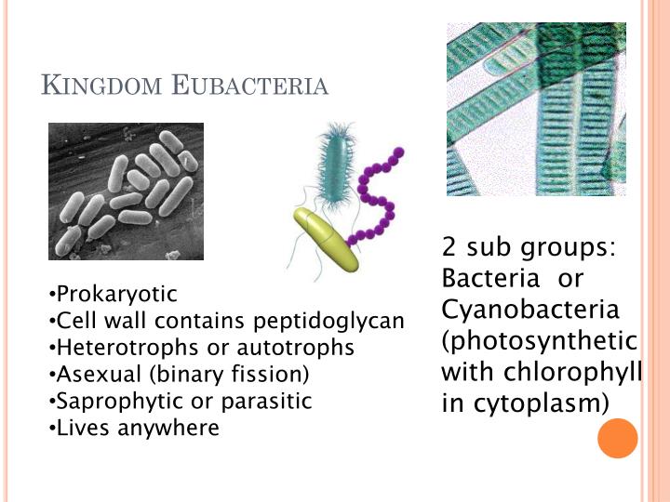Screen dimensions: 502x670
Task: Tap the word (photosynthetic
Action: coord(540,340)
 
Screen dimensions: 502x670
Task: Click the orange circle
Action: coord(617,438)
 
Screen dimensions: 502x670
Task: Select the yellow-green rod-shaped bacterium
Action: coord(327,240)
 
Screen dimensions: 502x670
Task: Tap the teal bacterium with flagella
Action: coord(332,165)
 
